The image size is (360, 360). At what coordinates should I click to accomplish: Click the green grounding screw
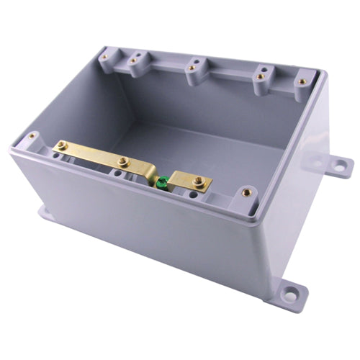163,181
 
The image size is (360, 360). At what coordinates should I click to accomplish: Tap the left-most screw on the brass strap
63,145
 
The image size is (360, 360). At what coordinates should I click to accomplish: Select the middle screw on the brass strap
123,162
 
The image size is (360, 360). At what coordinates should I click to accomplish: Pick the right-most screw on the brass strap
197,183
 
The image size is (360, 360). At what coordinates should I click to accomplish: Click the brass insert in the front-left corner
32,135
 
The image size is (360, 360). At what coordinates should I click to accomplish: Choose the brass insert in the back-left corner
104,55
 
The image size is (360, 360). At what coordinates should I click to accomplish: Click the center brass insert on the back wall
192,69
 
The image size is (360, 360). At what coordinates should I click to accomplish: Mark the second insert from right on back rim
261,76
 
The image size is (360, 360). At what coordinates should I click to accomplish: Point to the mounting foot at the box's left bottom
43,212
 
